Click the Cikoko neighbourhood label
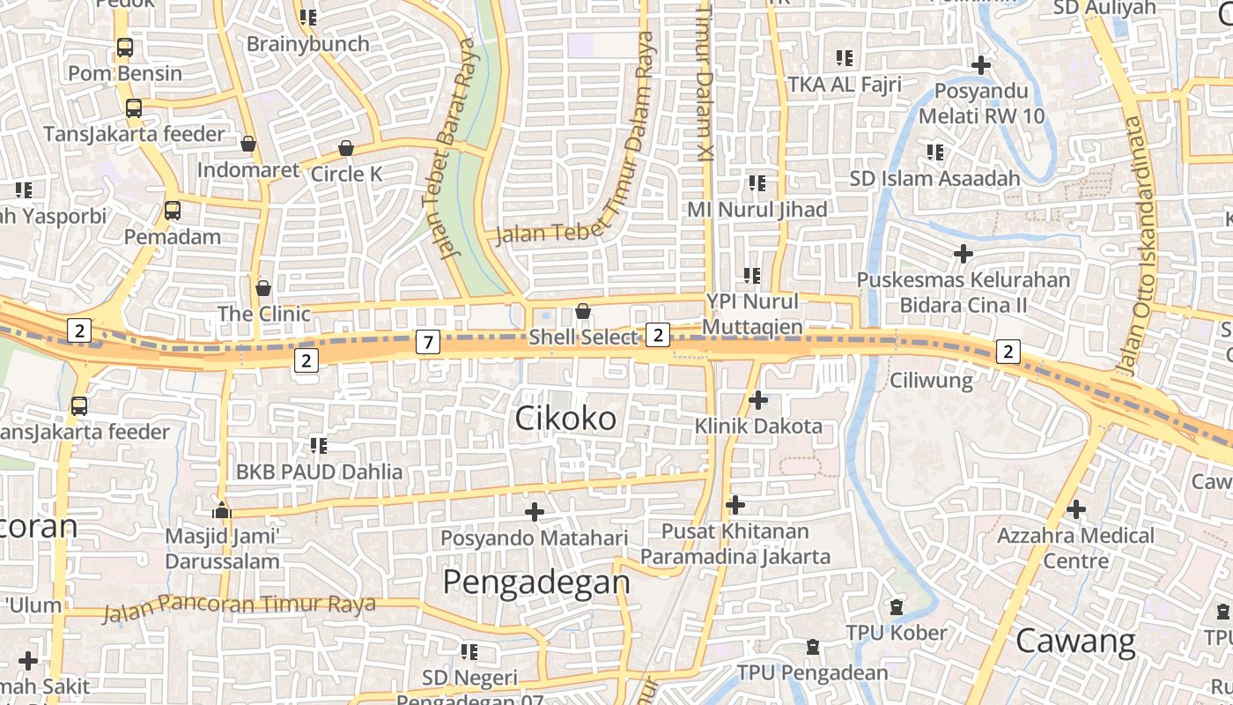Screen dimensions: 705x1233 [565, 419]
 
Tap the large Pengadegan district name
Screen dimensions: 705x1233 [536, 583]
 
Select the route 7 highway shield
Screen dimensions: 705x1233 [427, 342]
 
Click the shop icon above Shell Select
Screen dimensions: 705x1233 [582, 310]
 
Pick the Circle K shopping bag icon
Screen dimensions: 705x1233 [346, 148]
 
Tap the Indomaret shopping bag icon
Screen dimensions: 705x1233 [248, 144]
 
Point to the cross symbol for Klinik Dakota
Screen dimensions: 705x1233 [757, 400]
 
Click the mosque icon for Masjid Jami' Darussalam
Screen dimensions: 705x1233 [222, 509]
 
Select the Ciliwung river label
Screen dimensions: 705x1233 [931, 381]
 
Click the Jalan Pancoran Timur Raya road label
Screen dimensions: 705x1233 [240, 605]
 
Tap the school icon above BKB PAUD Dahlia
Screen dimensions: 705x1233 [319, 446]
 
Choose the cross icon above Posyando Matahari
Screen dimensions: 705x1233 [534, 511]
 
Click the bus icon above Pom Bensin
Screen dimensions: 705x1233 [125, 48]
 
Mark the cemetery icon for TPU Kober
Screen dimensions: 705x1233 [897, 607]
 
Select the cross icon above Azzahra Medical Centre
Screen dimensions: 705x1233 [1075, 509]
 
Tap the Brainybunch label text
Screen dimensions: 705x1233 [308, 43]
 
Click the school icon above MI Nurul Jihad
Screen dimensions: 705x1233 [757, 183]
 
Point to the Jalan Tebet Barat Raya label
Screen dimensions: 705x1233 [461, 148]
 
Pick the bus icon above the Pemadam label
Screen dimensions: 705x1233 [173, 211]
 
